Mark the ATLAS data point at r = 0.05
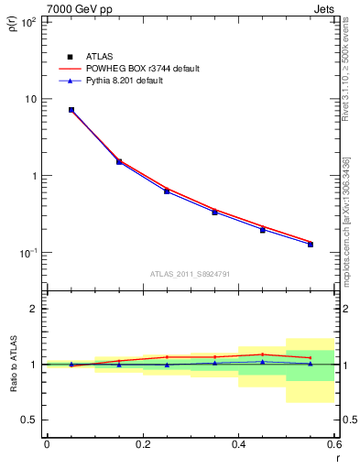[71, 110]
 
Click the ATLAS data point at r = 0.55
[311, 245]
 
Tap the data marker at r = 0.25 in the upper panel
[167, 191]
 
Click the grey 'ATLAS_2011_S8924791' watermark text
[190, 273]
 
